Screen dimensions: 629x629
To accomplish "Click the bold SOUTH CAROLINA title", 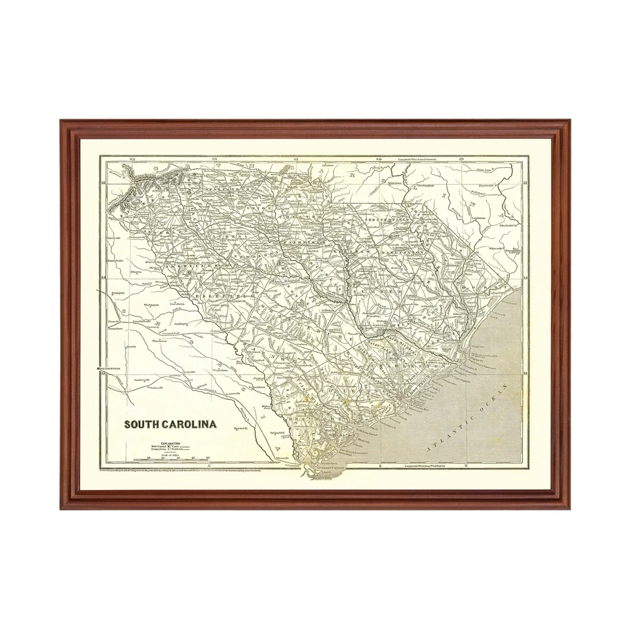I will click(x=170, y=424).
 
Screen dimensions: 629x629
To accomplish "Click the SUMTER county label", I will click(x=372, y=291).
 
